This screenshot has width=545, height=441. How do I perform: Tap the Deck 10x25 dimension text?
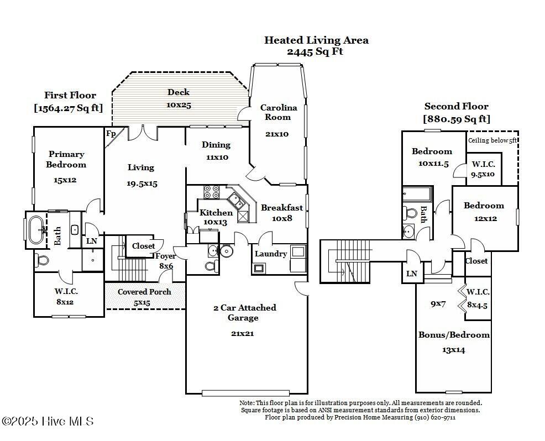(x=179, y=104)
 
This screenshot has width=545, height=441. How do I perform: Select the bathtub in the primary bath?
(x=38, y=229)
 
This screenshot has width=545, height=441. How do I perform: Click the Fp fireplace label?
(x=111, y=133)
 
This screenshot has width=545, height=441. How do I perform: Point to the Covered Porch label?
(x=144, y=291)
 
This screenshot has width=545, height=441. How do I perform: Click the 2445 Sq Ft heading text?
(x=315, y=51)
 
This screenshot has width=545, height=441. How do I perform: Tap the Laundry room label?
(x=271, y=254)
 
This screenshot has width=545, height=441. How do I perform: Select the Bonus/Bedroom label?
(x=454, y=334)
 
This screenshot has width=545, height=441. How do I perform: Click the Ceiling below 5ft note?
(x=492, y=140)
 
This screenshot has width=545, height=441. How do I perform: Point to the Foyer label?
(x=165, y=256)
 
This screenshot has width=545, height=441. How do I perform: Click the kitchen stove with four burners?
(x=212, y=192)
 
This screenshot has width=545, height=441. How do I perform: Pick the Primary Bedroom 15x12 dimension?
(x=66, y=180)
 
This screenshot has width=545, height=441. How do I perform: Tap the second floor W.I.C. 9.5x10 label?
(x=483, y=169)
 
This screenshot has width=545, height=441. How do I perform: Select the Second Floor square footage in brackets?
(x=457, y=118)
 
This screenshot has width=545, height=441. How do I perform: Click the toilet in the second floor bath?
(x=411, y=213)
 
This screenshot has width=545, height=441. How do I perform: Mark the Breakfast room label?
(x=282, y=208)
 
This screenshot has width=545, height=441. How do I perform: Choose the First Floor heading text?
(x=70, y=95)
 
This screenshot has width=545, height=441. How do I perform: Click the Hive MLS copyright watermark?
(x=48, y=421)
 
